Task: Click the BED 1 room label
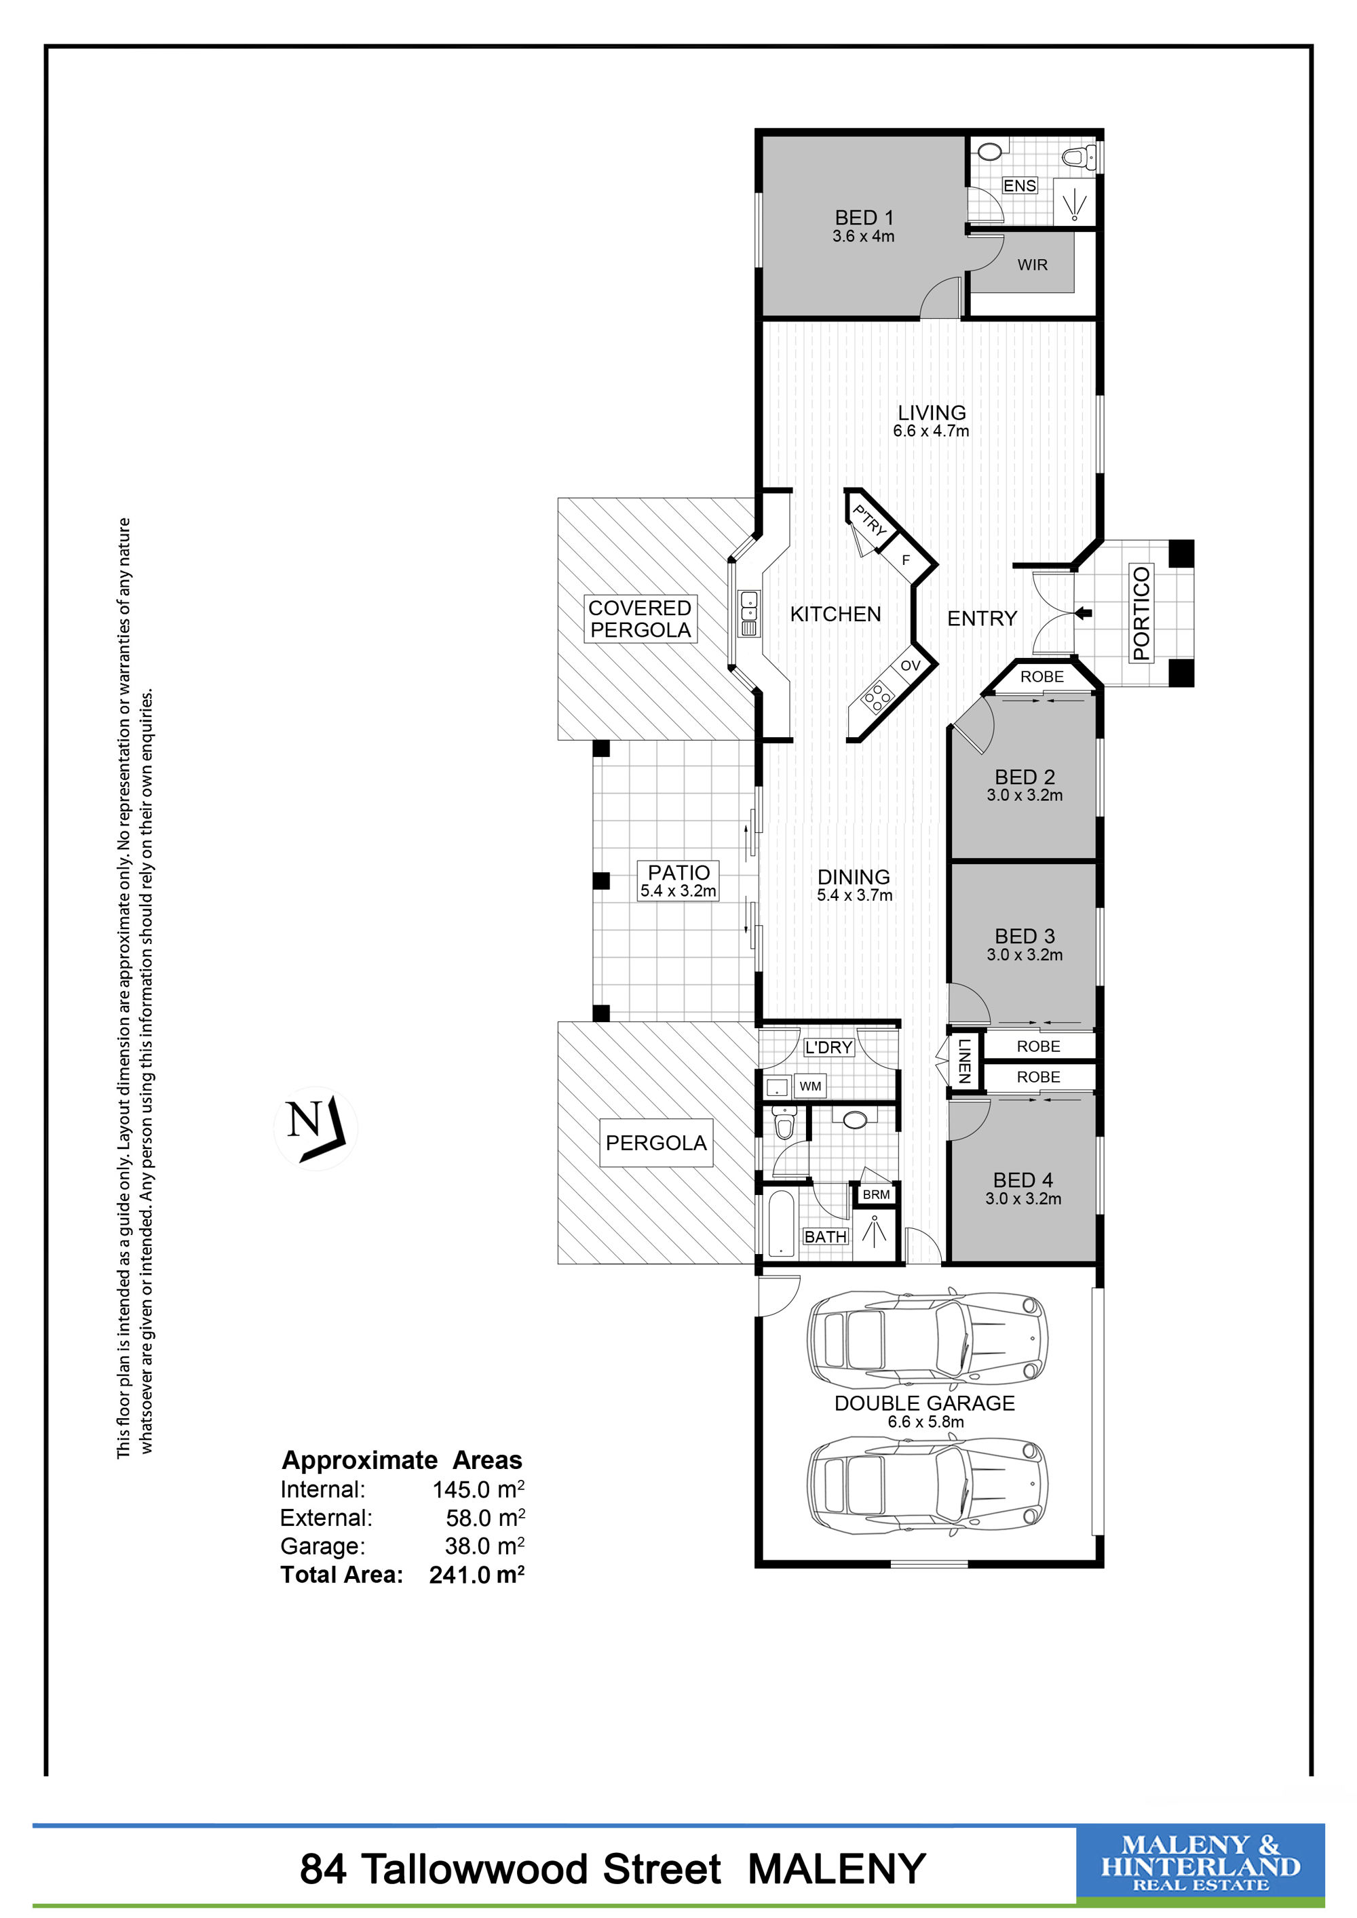[864, 217]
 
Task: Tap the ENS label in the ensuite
[1019, 185]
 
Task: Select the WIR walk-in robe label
[1032, 265]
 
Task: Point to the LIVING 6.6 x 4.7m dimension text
[931, 431]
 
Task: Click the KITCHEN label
[836, 614]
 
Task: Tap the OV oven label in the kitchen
[910, 666]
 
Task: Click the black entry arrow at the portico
[1083, 613]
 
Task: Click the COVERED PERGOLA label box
[640, 619]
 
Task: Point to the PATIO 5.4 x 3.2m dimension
[678, 891]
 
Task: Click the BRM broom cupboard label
[876, 1194]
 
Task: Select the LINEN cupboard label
[964, 1061]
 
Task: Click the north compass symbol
[316, 1128]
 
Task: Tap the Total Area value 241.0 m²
[477, 1574]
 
